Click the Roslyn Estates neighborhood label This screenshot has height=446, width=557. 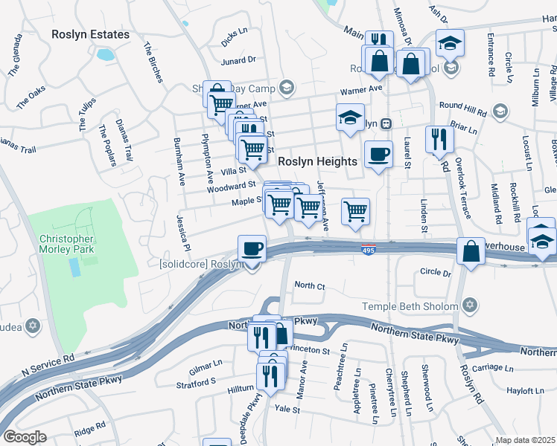[x=90, y=34]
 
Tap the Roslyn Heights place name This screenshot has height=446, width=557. [x=318, y=161]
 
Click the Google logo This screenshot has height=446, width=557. [x=25, y=436]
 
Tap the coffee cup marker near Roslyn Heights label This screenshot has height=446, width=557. [x=378, y=155]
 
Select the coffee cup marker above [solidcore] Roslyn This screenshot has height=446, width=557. [x=252, y=248]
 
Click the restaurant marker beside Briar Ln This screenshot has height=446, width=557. [x=439, y=138]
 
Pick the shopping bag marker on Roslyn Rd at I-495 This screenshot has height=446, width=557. [x=471, y=251]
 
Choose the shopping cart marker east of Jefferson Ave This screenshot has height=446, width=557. [x=356, y=211]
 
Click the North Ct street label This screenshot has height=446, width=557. [x=310, y=285]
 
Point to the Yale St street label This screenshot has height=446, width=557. [x=287, y=409]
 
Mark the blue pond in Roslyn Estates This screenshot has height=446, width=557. [x=105, y=54]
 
